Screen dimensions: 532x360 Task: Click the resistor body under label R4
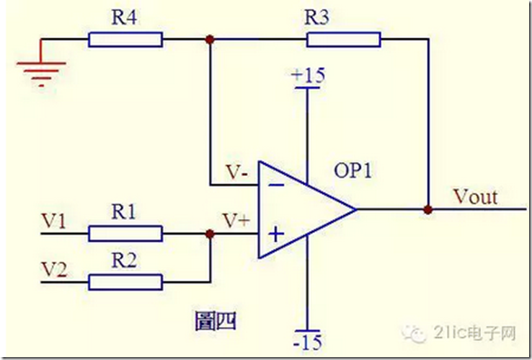125,40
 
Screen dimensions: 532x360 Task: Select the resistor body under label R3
344,40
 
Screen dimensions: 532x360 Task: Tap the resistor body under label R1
125,234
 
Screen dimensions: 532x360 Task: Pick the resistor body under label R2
125,282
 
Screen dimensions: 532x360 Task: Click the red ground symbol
41,68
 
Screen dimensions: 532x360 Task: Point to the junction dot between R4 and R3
210,40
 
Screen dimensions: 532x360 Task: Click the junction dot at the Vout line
428,209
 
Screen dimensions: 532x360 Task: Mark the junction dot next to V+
210,234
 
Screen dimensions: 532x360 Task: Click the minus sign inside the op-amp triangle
276,185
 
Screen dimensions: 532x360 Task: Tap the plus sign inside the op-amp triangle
276,234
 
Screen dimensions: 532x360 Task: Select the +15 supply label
308,76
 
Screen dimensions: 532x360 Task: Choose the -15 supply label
307,342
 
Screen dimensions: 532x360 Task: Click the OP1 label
353,170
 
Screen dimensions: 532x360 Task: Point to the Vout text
476,196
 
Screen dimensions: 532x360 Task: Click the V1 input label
53,221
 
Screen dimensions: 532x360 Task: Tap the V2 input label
54,270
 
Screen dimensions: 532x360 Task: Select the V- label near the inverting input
237,172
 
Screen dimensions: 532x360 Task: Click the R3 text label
316,17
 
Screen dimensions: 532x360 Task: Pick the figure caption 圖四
216,321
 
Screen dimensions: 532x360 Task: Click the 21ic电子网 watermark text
475,333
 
